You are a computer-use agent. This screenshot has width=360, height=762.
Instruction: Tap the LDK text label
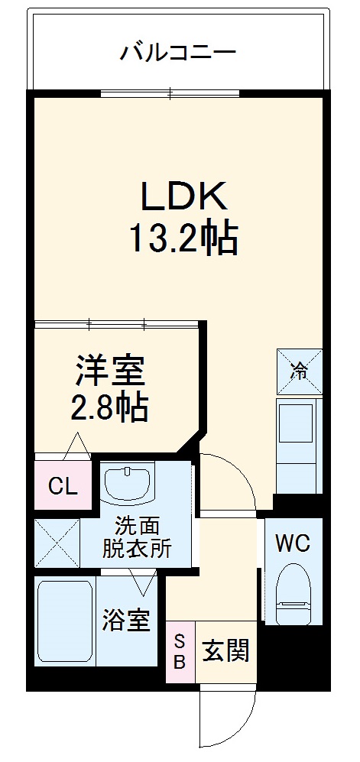pyautogui.click(x=182, y=196)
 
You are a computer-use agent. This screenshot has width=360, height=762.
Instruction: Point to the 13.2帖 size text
pyautogui.click(x=183, y=239)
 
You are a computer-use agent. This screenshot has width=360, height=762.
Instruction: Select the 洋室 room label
pyautogui.click(x=109, y=371)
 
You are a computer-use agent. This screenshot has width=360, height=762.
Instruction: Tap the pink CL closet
pyautogui.click(x=62, y=485)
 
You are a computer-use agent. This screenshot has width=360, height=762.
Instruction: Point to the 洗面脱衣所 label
pyautogui.click(x=138, y=537)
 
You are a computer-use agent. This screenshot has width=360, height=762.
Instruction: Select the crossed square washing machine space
pyautogui.click(x=57, y=542)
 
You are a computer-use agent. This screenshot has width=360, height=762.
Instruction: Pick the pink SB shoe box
pyautogui.click(x=180, y=651)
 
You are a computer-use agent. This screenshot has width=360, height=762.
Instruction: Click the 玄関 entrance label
pyautogui.click(x=225, y=651)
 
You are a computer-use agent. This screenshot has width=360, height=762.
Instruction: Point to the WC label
pyautogui.click(x=293, y=543)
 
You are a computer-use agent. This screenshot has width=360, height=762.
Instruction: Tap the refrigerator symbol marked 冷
pyautogui.click(x=300, y=371)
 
